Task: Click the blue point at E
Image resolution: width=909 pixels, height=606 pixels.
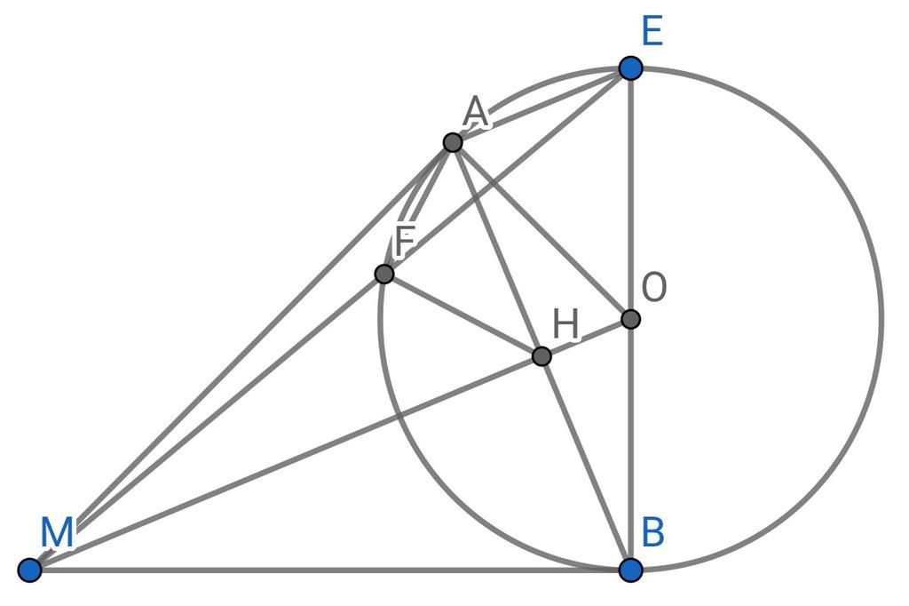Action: pyautogui.click(x=630, y=68)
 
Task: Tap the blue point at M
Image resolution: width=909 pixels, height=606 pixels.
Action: pyautogui.click(x=29, y=570)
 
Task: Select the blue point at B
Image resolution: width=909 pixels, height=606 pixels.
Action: pyautogui.click(x=630, y=570)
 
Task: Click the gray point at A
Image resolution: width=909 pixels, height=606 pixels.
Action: pyautogui.click(x=452, y=142)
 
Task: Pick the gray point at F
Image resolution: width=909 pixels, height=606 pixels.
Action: pyautogui.click(x=383, y=274)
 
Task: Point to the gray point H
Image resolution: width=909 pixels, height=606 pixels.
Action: pyautogui.click(x=541, y=355)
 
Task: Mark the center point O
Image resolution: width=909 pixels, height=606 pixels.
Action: pyautogui.click(x=630, y=319)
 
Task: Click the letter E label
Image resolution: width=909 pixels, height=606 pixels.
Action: pyautogui.click(x=652, y=32)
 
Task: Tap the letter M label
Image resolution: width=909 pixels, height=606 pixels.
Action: pyautogui.click(x=57, y=532)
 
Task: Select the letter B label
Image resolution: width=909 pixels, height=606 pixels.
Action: pyautogui.click(x=652, y=532)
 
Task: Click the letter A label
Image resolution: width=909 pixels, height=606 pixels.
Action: pyautogui.click(x=476, y=113)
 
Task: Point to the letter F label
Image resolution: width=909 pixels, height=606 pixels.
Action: pyautogui.click(x=405, y=241)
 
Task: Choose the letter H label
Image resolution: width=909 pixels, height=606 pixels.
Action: pyautogui.click(x=565, y=324)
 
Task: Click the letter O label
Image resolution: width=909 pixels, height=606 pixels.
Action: pyautogui.click(x=654, y=287)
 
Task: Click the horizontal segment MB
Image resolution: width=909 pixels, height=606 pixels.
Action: pyautogui.click(x=330, y=570)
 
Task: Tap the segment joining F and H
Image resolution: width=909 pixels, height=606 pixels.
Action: pyautogui.click(x=462, y=315)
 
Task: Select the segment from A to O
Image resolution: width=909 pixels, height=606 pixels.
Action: pyautogui.click(x=541, y=230)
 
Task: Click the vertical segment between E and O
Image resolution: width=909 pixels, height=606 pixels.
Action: pyautogui.click(x=630, y=194)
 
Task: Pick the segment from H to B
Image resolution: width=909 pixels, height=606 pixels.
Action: pyautogui.click(x=586, y=463)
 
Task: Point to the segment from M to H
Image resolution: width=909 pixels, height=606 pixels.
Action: pyautogui.click(x=285, y=463)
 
